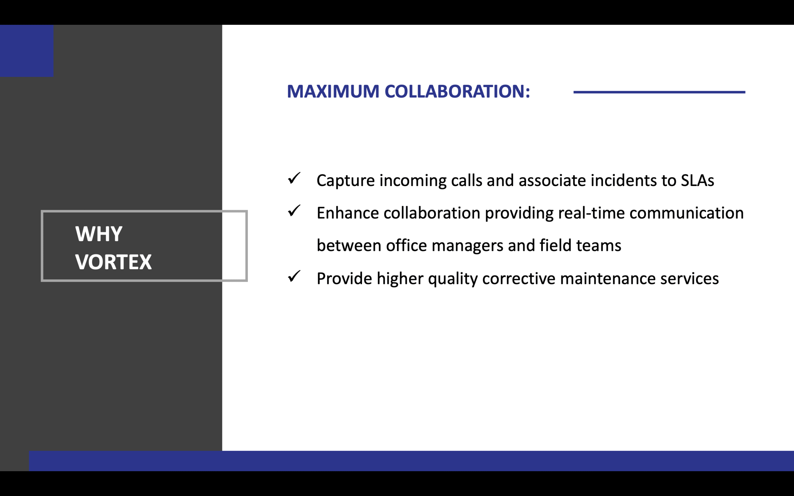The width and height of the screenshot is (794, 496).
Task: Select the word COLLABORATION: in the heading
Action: click(x=457, y=91)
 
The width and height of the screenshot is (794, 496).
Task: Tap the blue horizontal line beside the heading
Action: click(x=659, y=92)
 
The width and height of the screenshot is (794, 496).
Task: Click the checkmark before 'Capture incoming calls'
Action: click(x=294, y=178)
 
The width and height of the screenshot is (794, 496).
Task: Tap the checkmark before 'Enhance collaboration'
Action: click(x=294, y=210)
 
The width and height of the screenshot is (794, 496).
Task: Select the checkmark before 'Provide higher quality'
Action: click(x=294, y=276)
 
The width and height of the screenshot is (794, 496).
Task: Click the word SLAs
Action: click(x=697, y=180)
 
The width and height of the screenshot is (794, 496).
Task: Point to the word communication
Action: click(x=686, y=213)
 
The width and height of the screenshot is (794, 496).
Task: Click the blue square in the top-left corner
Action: click(x=27, y=51)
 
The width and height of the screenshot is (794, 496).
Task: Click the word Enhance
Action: click(x=348, y=213)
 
